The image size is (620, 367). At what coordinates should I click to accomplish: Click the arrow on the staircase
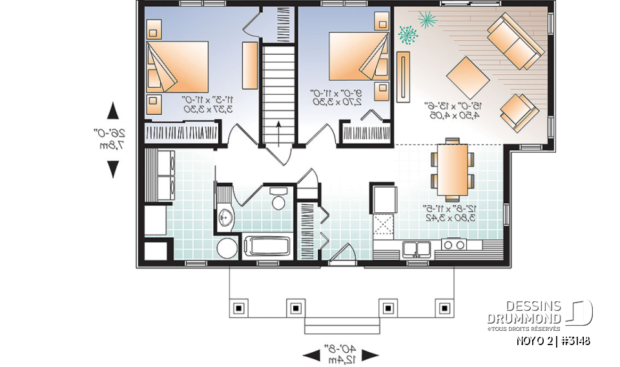(278, 132)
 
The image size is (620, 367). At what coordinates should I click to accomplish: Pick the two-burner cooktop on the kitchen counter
(453, 244)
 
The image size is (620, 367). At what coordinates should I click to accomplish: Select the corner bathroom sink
(225, 217)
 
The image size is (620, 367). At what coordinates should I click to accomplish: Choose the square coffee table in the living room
(468, 79)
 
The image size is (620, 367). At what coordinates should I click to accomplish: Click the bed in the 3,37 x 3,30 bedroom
(176, 69)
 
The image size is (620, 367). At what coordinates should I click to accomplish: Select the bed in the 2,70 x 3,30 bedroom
(359, 63)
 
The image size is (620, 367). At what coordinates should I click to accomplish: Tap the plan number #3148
(573, 341)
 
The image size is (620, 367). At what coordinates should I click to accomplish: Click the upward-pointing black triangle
(112, 111)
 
